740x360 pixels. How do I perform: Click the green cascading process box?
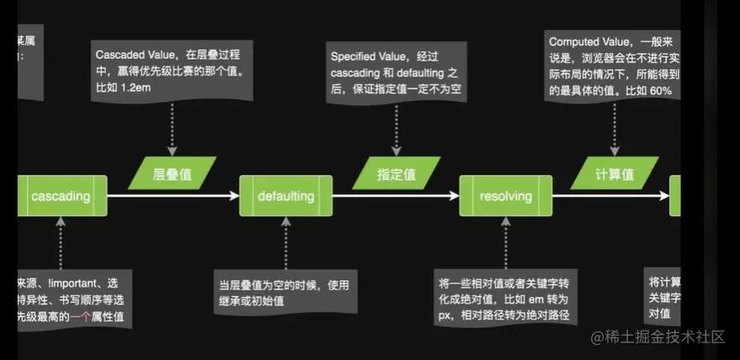click(x=61, y=196)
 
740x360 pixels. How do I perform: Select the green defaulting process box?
click(x=286, y=196)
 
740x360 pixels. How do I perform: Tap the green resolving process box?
click(x=505, y=196)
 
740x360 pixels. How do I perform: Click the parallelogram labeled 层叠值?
click(x=172, y=173)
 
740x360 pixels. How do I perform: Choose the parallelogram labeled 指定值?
click(x=396, y=173)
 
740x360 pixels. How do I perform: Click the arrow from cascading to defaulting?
click(x=172, y=196)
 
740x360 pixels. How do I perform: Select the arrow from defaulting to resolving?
click(x=395, y=196)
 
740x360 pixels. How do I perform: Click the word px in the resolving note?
click(x=449, y=315)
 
